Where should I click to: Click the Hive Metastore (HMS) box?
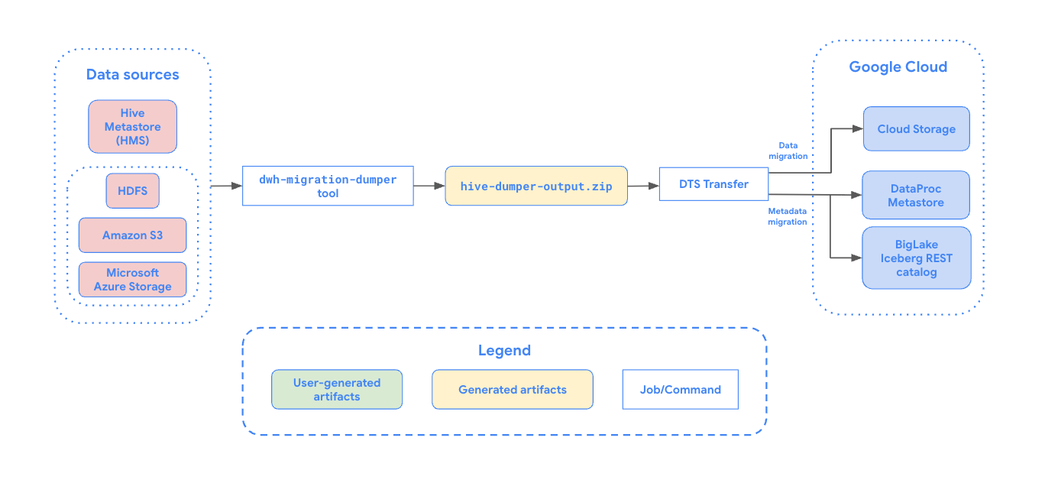coord(132,127)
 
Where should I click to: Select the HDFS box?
coord(132,190)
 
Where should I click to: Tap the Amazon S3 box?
coord(132,235)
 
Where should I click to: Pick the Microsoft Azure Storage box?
coord(132,280)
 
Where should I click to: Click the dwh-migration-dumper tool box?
coord(328,186)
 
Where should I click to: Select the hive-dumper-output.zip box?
coord(536,186)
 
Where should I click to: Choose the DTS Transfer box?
coord(713,183)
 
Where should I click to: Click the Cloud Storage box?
coord(916,129)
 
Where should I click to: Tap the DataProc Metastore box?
coord(916,196)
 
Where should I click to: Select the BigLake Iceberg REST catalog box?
coord(916,258)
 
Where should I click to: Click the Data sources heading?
coord(132,74)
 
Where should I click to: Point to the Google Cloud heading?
coord(898,66)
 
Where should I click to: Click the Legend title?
coord(504,351)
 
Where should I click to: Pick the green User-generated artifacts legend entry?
coord(337,390)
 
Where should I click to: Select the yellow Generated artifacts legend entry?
coord(513,390)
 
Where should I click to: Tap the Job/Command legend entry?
coord(680,390)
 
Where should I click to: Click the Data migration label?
coord(792,150)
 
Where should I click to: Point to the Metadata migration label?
coord(787,216)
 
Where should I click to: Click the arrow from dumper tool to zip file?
coord(429,186)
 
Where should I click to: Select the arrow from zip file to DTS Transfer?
coord(643,186)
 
